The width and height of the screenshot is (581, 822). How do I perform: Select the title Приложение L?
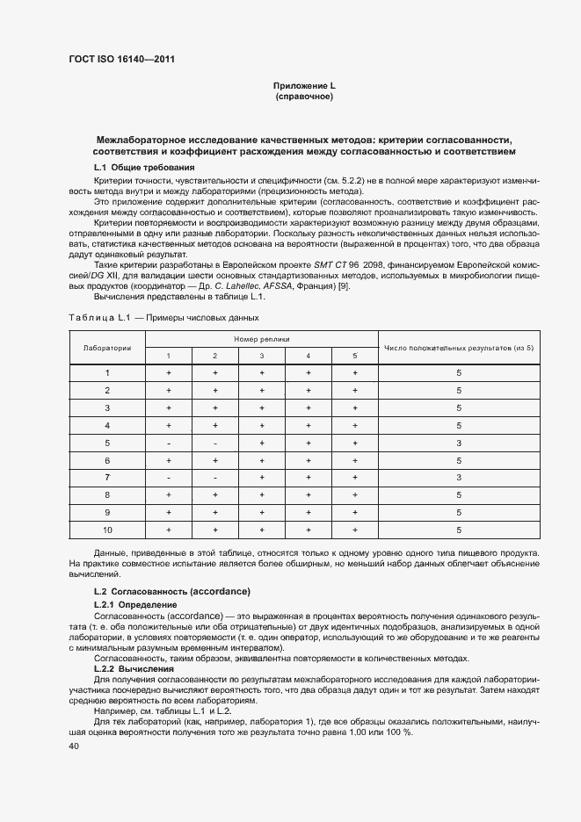click(304, 85)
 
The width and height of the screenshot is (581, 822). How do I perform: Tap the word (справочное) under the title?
click(304, 97)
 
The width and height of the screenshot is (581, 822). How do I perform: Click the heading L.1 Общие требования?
click(144, 167)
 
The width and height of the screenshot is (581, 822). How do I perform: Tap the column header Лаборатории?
click(107, 347)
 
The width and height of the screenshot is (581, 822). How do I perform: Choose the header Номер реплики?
click(261, 339)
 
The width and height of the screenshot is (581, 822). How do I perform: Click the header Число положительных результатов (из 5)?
click(459, 347)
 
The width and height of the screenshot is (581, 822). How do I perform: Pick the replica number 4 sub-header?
click(308, 356)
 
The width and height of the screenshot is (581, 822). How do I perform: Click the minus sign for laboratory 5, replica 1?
click(168, 443)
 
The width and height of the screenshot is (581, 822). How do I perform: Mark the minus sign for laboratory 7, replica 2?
click(214, 478)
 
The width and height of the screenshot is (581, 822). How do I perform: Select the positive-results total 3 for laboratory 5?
click(459, 443)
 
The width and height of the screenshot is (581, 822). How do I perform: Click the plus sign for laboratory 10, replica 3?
click(261, 530)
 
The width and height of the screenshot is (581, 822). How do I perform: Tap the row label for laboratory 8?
click(107, 495)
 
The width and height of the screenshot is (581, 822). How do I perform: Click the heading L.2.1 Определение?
click(134, 605)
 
